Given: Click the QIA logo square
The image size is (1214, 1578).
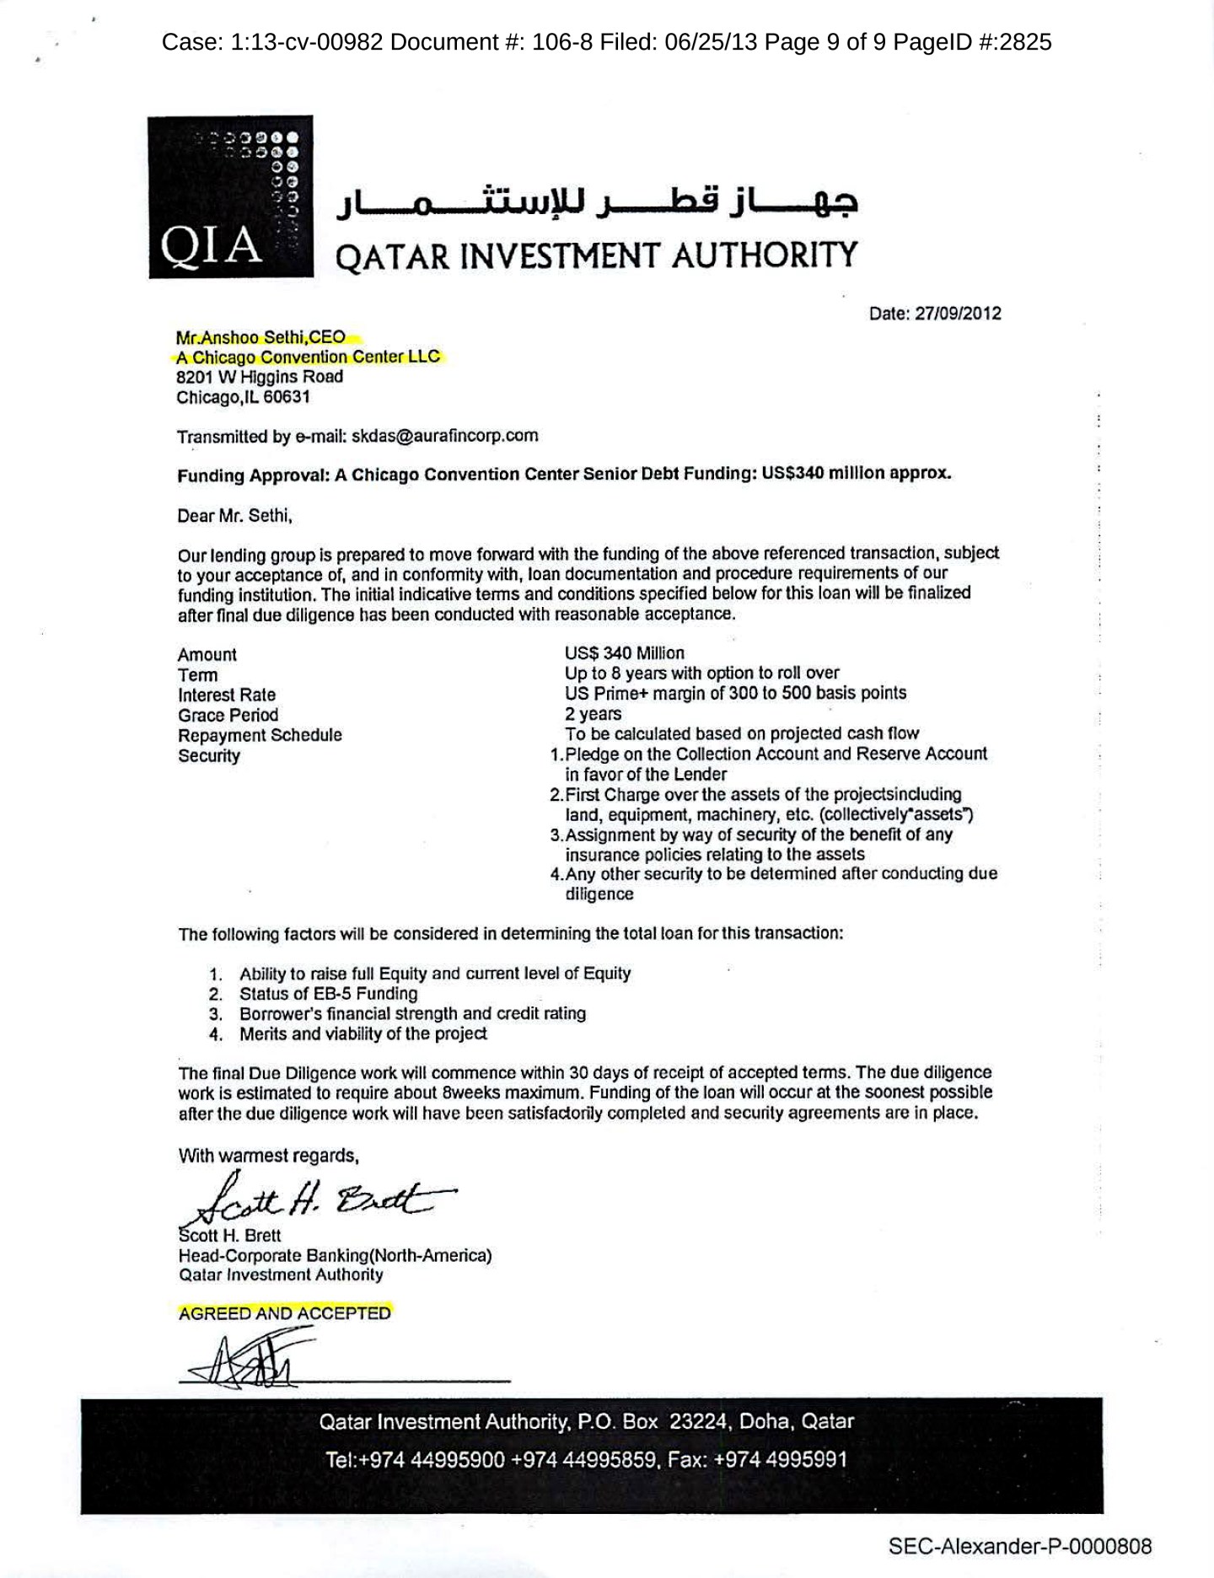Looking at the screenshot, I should click(231, 196).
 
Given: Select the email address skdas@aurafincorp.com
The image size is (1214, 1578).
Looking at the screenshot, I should click(444, 436).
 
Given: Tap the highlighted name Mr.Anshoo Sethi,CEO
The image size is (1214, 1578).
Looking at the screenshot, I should click(261, 337).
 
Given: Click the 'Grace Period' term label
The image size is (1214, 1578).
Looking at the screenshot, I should click(228, 715).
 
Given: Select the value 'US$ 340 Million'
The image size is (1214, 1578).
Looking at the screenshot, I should click(624, 653).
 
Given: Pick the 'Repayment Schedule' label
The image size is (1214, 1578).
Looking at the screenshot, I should click(260, 735).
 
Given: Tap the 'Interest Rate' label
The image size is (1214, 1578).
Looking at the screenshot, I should click(226, 695).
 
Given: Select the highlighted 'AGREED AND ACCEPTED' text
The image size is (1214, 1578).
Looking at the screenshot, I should click(285, 1313).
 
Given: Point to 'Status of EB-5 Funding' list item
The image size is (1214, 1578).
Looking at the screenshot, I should click(328, 994).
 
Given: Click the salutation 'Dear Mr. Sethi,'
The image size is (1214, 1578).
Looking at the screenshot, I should click(234, 516).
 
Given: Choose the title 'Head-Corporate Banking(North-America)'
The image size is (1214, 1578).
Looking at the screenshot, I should click(335, 1255).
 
